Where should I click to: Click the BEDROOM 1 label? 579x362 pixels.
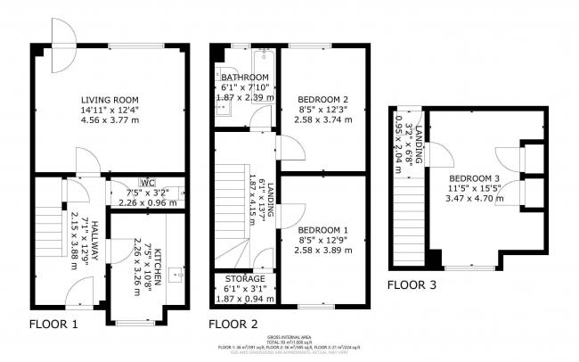pos(322,228)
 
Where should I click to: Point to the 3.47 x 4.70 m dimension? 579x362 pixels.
pos(474,198)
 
